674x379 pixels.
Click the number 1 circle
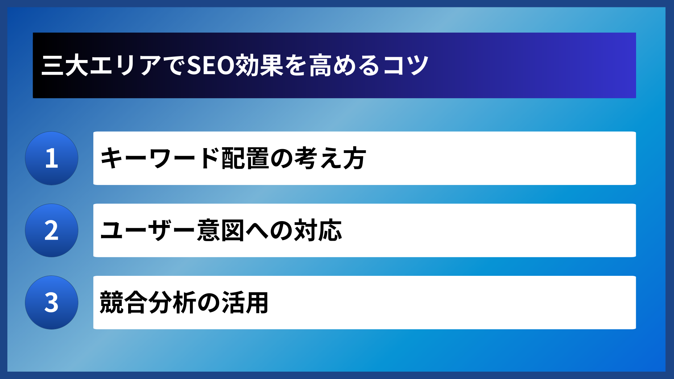[x=52, y=158]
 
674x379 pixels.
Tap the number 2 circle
[x=52, y=231]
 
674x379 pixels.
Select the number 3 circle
[x=52, y=302]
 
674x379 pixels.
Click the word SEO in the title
[x=211, y=66]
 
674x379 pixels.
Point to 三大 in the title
[x=65, y=66]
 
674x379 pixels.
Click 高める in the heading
[x=344, y=66]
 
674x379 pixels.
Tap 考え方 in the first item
[x=330, y=158]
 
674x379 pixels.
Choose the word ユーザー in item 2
[x=147, y=231]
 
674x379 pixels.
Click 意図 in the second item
[x=220, y=231]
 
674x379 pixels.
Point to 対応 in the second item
[x=318, y=231]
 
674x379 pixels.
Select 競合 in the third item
[x=123, y=302]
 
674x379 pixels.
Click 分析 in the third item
[x=172, y=302]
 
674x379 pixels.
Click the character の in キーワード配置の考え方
[x=282, y=158]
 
